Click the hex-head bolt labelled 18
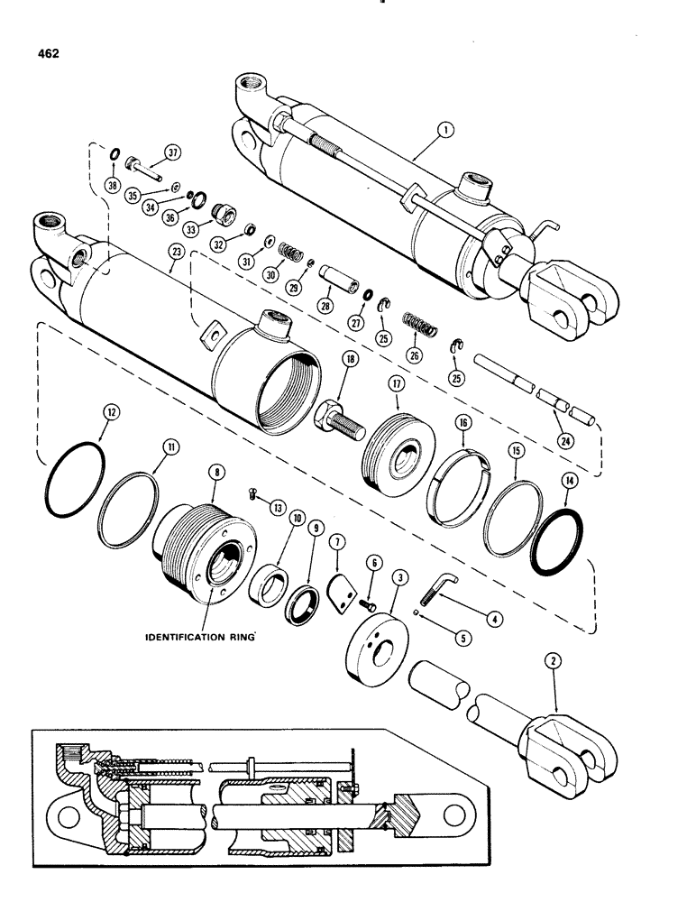point(336,418)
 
